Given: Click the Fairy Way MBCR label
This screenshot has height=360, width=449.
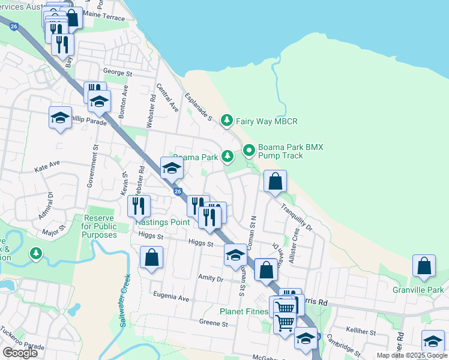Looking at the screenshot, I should (x=266, y=121).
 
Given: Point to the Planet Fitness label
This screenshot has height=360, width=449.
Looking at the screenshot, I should (x=243, y=311).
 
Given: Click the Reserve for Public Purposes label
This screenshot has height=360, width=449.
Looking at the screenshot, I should (x=99, y=226).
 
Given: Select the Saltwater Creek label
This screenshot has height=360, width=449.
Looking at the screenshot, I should (x=124, y=300).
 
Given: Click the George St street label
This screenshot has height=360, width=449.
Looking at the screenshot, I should (x=117, y=73).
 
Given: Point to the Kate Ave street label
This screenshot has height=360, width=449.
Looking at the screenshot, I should (x=47, y=163).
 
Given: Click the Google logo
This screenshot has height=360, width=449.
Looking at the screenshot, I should (x=20, y=353).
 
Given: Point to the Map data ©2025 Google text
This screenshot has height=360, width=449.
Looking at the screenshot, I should (x=412, y=355).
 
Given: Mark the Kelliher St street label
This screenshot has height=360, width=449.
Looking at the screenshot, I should (x=361, y=332).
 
